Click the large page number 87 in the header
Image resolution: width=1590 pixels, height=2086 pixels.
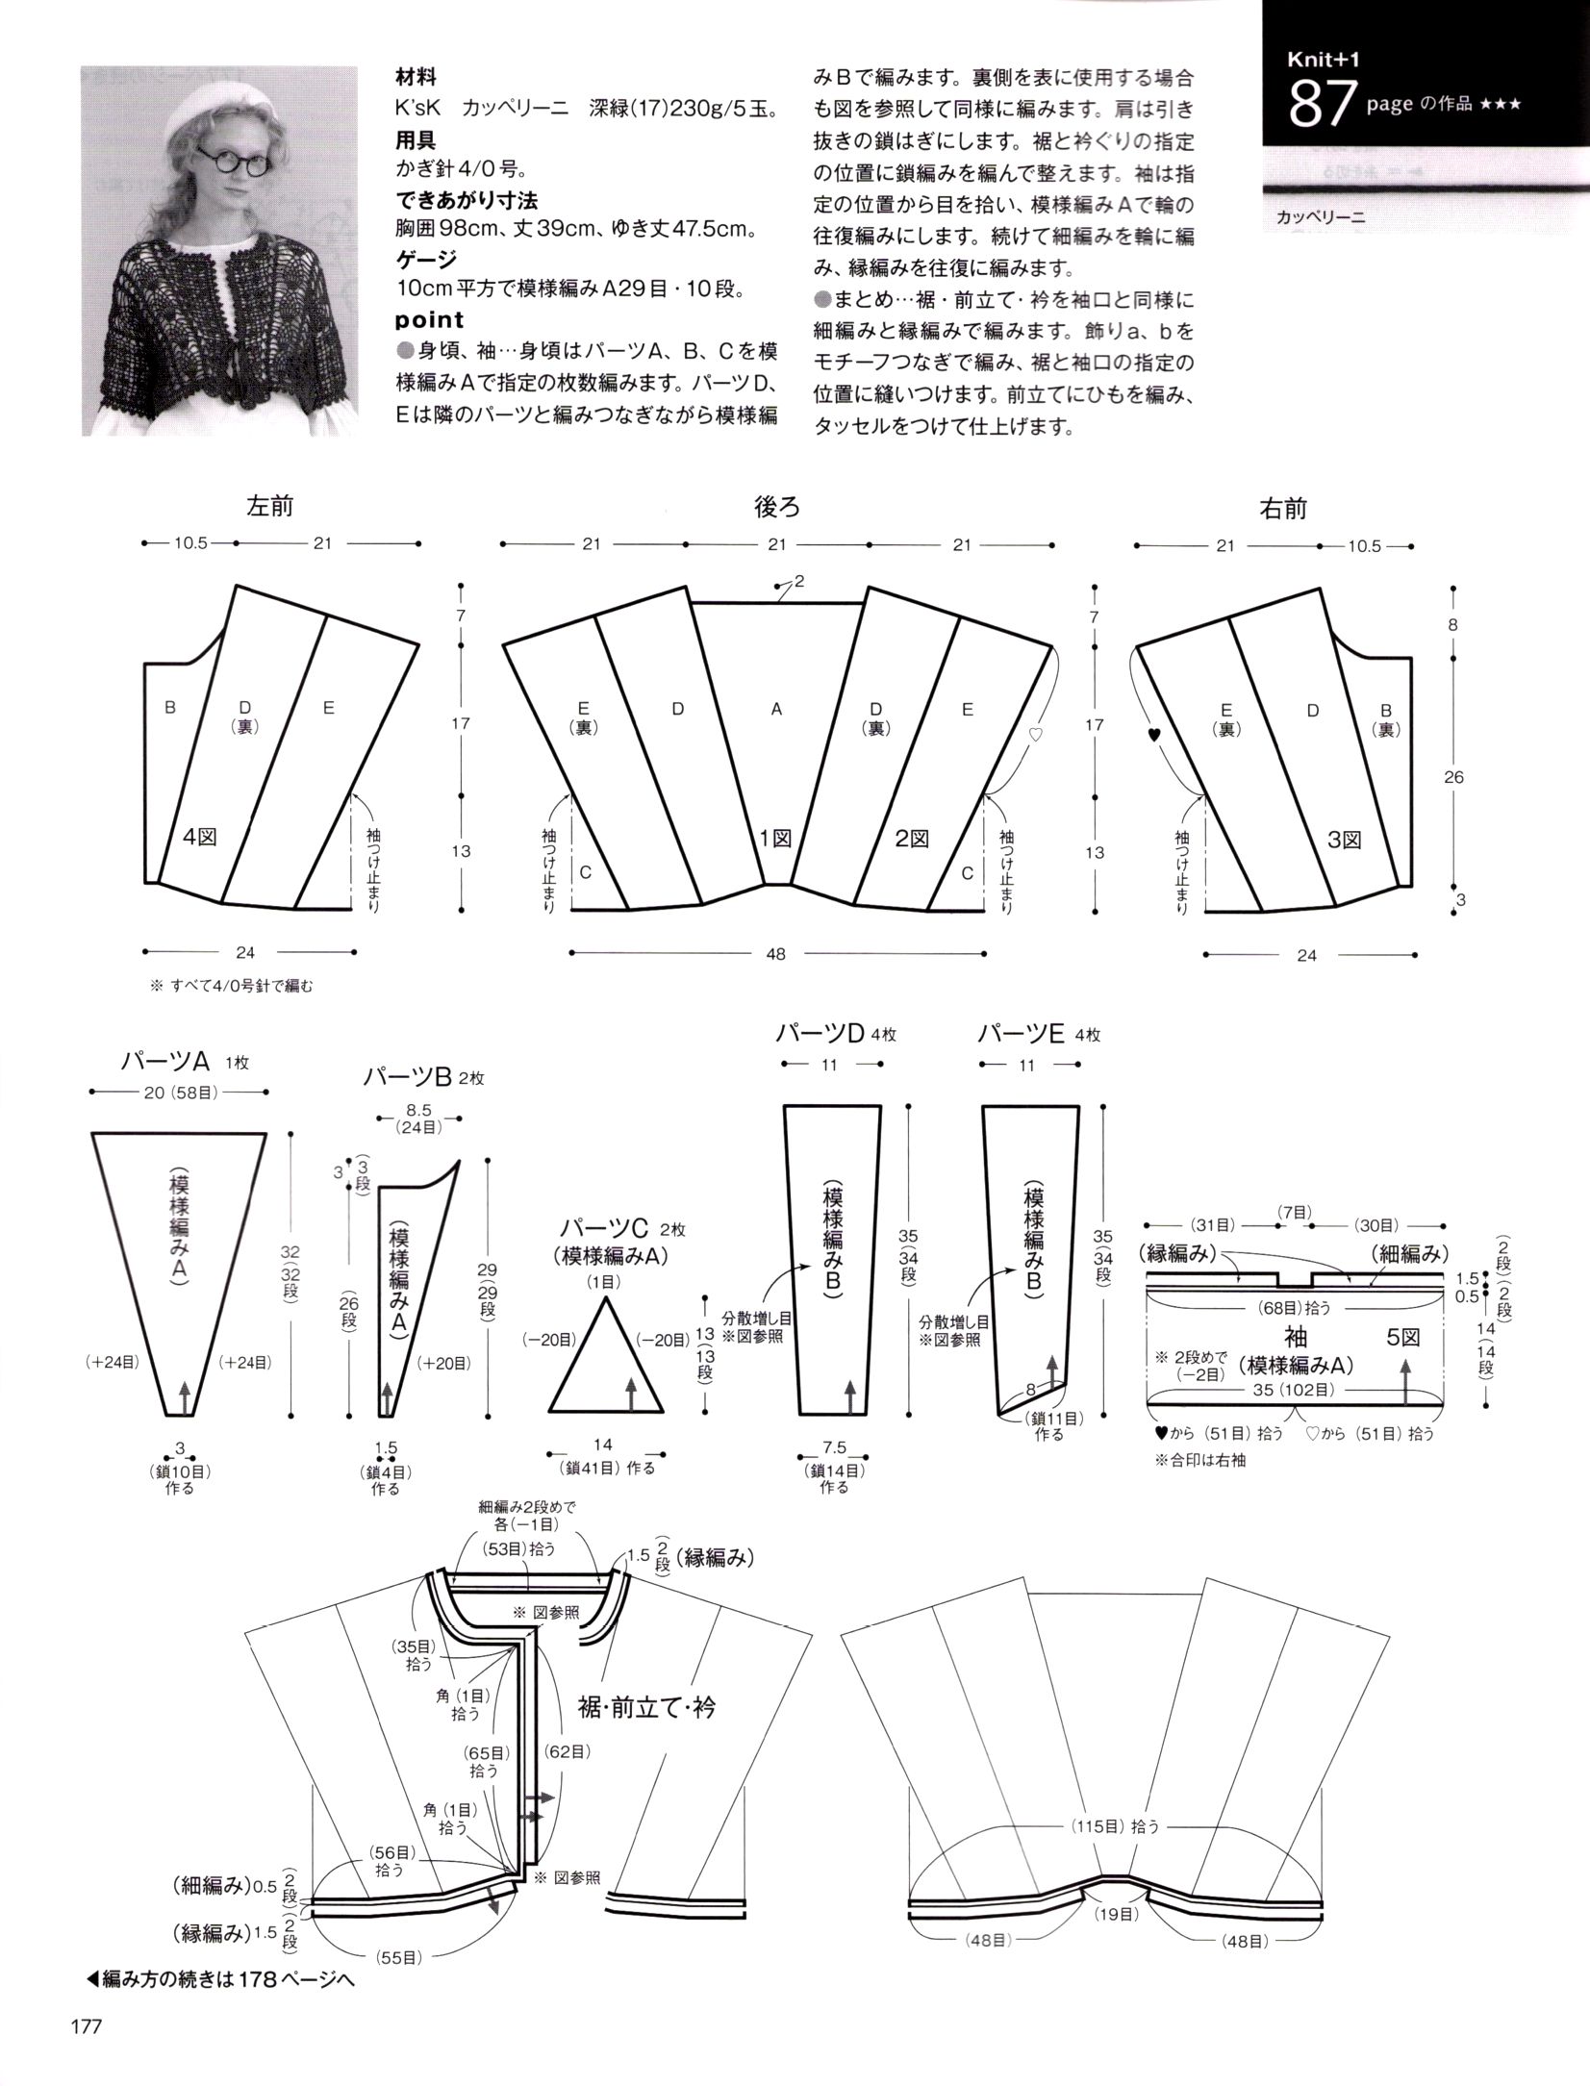(x=1323, y=105)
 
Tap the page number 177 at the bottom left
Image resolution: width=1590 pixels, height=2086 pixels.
(x=86, y=2026)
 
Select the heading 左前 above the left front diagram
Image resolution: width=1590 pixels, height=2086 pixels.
(x=270, y=506)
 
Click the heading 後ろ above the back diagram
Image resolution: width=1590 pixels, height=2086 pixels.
(x=776, y=506)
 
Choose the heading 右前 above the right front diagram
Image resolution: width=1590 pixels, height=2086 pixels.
(x=1283, y=508)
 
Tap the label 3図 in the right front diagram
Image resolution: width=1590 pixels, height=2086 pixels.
(x=1344, y=840)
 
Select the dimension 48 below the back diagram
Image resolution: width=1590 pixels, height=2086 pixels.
(x=776, y=954)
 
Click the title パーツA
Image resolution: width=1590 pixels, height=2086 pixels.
(x=164, y=1061)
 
